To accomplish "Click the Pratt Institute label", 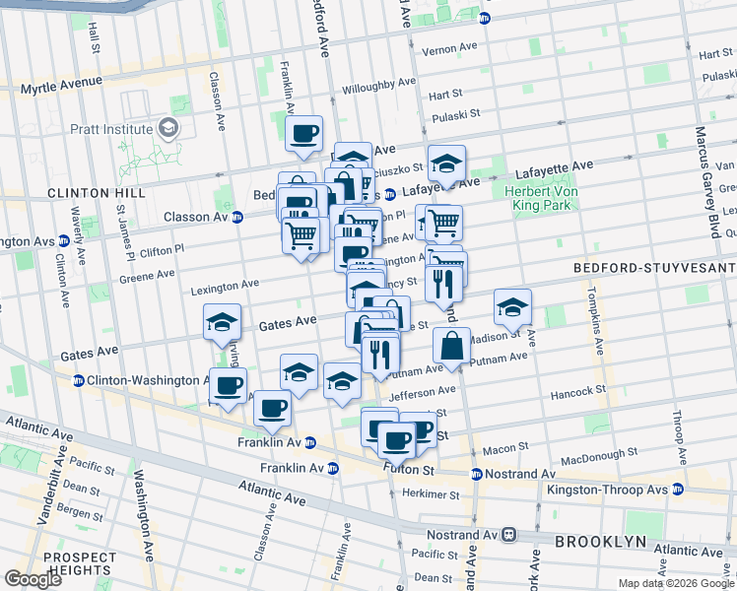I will coord(109,129).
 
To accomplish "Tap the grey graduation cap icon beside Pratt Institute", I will coord(168,128).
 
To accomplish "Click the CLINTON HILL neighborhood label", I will coord(45,194).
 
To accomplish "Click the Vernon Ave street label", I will coord(448,47).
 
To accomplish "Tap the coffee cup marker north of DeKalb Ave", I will coord(303,133).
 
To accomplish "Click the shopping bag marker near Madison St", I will coord(451,347).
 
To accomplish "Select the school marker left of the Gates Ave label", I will coord(223,322).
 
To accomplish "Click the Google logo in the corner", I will coord(33,579).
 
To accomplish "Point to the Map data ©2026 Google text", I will coord(675,583).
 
